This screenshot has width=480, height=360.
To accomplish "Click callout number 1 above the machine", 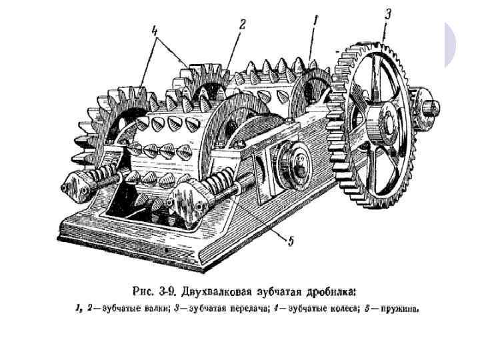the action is click(x=315, y=22).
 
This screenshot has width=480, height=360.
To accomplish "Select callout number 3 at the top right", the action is click(x=388, y=13).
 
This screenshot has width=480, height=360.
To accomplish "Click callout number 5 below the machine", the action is click(x=290, y=241).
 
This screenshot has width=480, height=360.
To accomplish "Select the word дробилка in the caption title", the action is click(x=331, y=291).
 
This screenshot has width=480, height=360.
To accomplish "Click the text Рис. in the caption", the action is click(x=144, y=291).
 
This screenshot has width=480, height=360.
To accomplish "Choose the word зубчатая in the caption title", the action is click(x=279, y=291).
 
